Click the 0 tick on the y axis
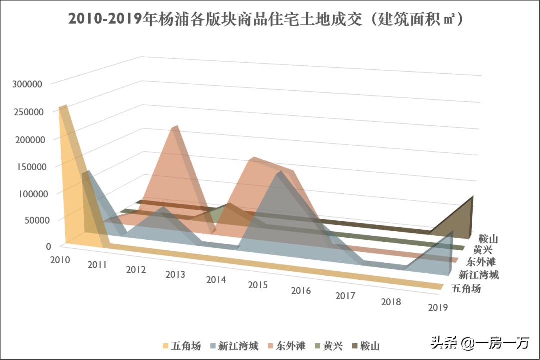[x=48, y=246]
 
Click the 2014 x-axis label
[x=216, y=279]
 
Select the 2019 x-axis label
[x=438, y=307]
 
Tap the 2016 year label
[x=301, y=290]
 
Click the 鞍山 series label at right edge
[x=487, y=239]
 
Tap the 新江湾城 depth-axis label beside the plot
[x=479, y=274]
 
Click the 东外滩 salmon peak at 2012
[x=173, y=128]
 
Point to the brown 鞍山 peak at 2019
[x=471, y=198]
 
